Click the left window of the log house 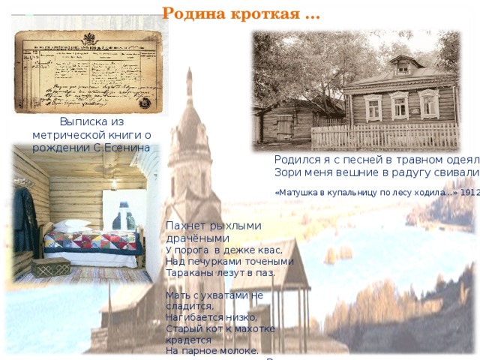coord(373,107)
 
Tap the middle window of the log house coord(400,106)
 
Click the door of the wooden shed coord(284,127)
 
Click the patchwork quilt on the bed coord(90,241)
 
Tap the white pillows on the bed coord(71,224)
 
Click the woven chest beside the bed coord(50,267)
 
